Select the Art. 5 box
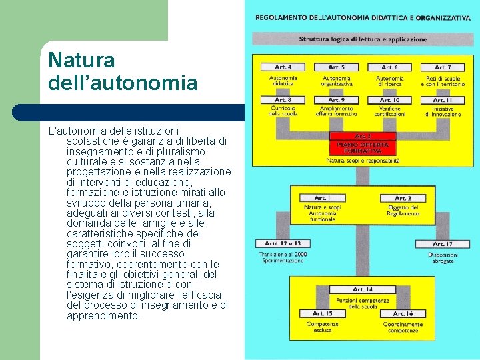pos(337,67)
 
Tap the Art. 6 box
pos(389,67)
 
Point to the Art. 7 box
pos(441,67)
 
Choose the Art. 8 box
pos(283,100)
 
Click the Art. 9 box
pos(337,100)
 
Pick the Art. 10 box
pos(389,100)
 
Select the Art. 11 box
pos(441,100)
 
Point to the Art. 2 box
pos(403,198)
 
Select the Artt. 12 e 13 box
pos(283,243)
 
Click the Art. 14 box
pos(363,289)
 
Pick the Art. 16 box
pos(403,313)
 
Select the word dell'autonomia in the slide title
pos(123,83)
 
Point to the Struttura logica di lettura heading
pos(363,39)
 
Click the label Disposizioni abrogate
pos(442,257)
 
